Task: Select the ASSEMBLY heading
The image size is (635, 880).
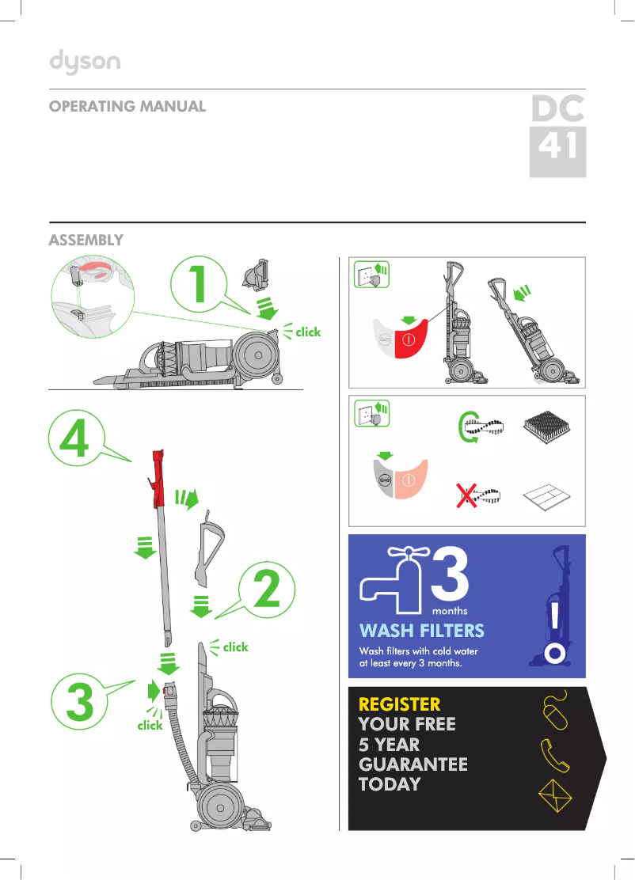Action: pyautogui.click(x=86, y=239)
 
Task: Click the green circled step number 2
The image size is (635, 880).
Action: pyautogui.click(x=266, y=590)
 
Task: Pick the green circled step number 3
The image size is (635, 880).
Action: pyautogui.click(x=78, y=703)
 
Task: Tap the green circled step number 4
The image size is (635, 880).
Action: pyautogui.click(x=77, y=444)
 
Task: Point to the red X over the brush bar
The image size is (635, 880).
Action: pyautogui.click(x=467, y=497)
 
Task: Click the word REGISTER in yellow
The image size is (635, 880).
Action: pyautogui.click(x=399, y=704)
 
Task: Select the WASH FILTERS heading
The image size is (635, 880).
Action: pyautogui.click(x=421, y=631)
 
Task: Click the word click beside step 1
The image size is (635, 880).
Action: pyautogui.click(x=308, y=332)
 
